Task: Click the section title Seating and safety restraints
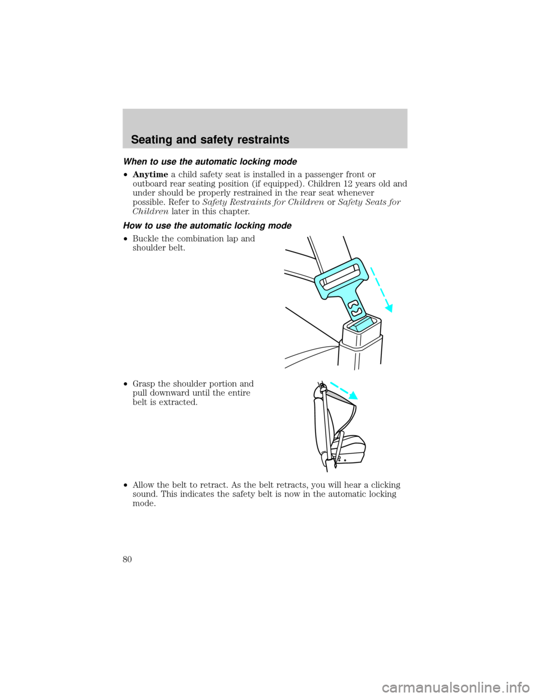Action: pyautogui.click(x=210, y=140)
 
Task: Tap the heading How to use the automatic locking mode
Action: pyautogui.click(x=207, y=226)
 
